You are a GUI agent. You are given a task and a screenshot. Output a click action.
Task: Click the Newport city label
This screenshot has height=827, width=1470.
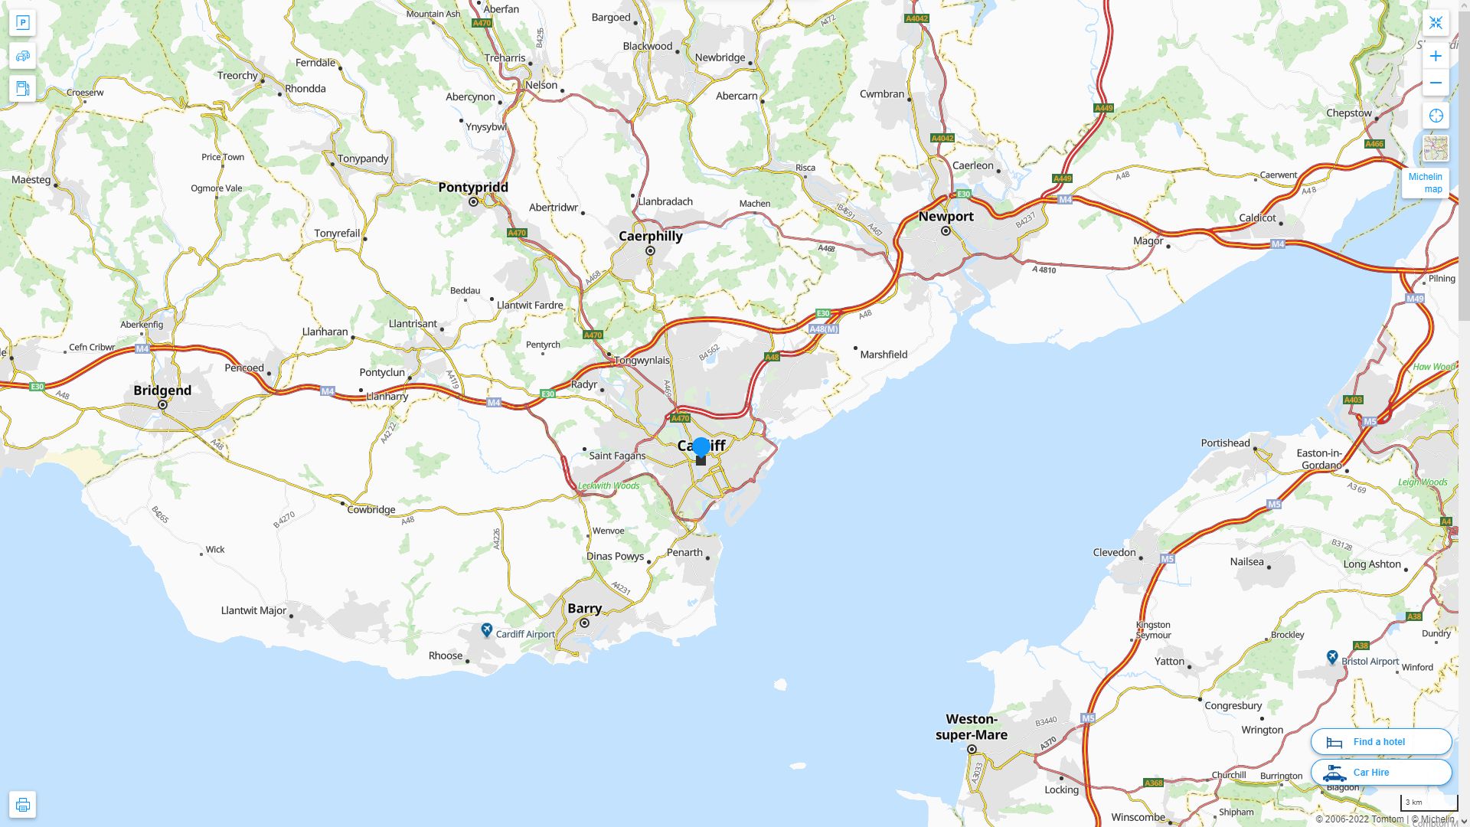[946, 217]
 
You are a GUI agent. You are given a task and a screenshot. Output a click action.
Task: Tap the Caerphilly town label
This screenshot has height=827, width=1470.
[650, 236]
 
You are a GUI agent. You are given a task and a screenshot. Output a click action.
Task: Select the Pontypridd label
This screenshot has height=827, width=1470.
[473, 188]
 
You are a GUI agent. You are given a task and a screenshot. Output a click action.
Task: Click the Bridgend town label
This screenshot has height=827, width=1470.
[162, 391]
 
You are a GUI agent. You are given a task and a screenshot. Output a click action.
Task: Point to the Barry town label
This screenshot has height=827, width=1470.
[584, 609]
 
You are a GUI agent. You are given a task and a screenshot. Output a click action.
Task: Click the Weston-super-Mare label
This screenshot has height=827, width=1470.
[972, 727]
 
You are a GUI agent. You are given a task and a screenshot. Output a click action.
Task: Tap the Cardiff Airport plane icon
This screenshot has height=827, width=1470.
[487, 630]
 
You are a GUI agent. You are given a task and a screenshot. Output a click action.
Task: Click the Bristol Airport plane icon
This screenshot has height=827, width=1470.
[1332, 658]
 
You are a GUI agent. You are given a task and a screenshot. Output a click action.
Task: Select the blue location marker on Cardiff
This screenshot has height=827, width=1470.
[701, 447]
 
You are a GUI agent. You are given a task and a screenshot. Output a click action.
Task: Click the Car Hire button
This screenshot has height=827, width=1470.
[1380, 773]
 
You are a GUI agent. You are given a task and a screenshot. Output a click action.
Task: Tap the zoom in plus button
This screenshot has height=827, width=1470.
[1436, 56]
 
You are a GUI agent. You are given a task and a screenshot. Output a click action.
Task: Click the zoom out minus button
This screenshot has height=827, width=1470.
[1436, 83]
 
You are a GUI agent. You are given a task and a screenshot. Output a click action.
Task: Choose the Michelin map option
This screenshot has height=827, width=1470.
[1425, 183]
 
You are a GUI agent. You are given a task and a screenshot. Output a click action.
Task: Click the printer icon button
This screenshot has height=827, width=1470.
[22, 805]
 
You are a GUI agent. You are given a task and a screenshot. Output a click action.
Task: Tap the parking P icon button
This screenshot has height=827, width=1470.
[22, 22]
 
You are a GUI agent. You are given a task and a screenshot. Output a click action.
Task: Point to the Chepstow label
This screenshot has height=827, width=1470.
[1349, 113]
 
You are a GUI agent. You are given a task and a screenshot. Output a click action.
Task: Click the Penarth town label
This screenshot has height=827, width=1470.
[684, 553]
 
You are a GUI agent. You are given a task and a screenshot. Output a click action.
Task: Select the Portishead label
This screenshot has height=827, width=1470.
[1225, 443]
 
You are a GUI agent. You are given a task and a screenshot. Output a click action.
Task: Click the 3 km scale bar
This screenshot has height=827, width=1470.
[1429, 803]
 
